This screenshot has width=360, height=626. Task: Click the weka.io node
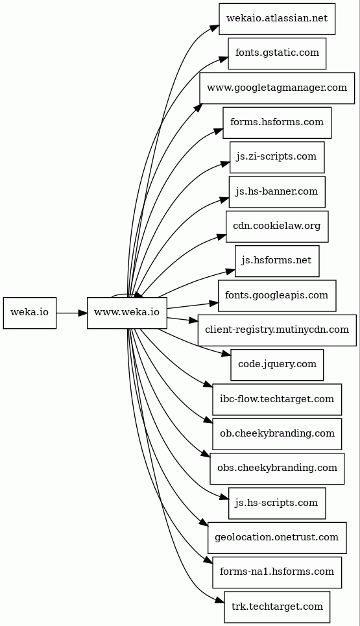[x=30, y=313]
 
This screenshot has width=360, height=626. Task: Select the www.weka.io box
[x=127, y=313]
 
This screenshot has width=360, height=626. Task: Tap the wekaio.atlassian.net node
[x=277, y=19]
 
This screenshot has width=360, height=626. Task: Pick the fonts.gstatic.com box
[x=277, y=53]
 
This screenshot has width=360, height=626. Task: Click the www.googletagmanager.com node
[x=277, y=88]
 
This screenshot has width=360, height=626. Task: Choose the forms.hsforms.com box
[x=277, y=123]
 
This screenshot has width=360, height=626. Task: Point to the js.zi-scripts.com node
[x=277, y=157]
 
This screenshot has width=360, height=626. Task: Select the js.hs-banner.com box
[x=277, y=192]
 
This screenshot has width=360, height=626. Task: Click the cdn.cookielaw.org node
[x=277, y=226]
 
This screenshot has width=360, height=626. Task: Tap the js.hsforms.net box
[x=277, y=261]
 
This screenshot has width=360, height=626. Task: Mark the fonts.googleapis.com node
[x=277, y=296]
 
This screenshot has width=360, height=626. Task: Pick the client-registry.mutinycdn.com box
[x=277, y=330]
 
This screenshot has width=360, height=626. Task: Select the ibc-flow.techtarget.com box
[x=277, y=400]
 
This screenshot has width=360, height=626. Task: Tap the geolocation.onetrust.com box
[x=277, y=538]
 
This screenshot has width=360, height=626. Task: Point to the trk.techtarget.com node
[x=277, y=607]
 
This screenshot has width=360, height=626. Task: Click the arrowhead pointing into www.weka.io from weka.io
[x=83, y=313]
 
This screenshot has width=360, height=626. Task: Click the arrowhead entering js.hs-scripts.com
[x=224, y=498]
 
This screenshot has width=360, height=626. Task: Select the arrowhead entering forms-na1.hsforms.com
[x=208, y=562]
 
